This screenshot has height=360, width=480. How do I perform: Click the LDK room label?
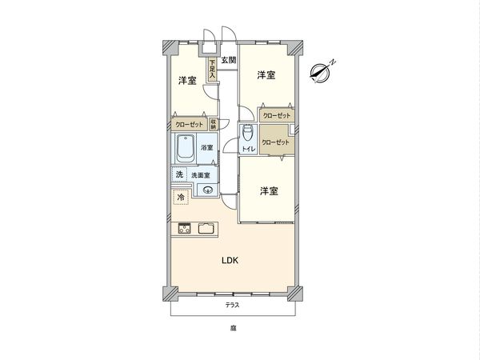[x=230, y=260]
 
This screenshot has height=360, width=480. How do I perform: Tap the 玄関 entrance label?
[x=228, y=60]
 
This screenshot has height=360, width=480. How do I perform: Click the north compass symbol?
[x=321, y=71]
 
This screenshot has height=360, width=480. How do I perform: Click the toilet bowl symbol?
[x=247, y=133]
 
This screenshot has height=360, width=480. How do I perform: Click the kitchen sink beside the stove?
[x=206, y=230]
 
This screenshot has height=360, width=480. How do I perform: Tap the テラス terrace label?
[x=231, y=306]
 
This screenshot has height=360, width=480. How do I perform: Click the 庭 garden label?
[x=231, y=328]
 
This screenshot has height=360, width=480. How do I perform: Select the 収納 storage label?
[x=214, y=124]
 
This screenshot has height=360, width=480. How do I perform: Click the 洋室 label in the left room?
[x=188, y=81]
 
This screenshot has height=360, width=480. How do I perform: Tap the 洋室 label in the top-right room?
[x=266, y=75]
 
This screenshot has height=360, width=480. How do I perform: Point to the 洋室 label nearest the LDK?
[x=268, y=190]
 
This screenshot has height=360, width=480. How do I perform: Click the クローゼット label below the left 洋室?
[x=189, y=125]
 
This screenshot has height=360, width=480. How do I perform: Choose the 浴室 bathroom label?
[x=206, y=148]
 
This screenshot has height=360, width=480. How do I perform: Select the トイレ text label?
[x=248, y=149]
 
